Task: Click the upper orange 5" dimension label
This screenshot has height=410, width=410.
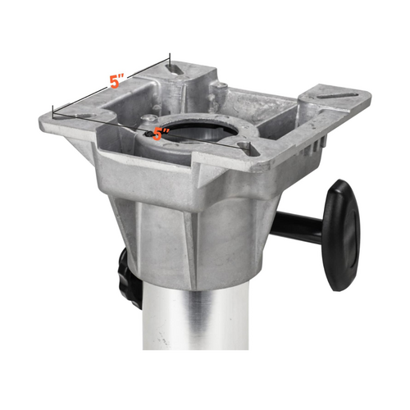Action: click(x=118, y=82)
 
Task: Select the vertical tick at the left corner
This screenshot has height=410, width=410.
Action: click(x=52, y=112)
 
